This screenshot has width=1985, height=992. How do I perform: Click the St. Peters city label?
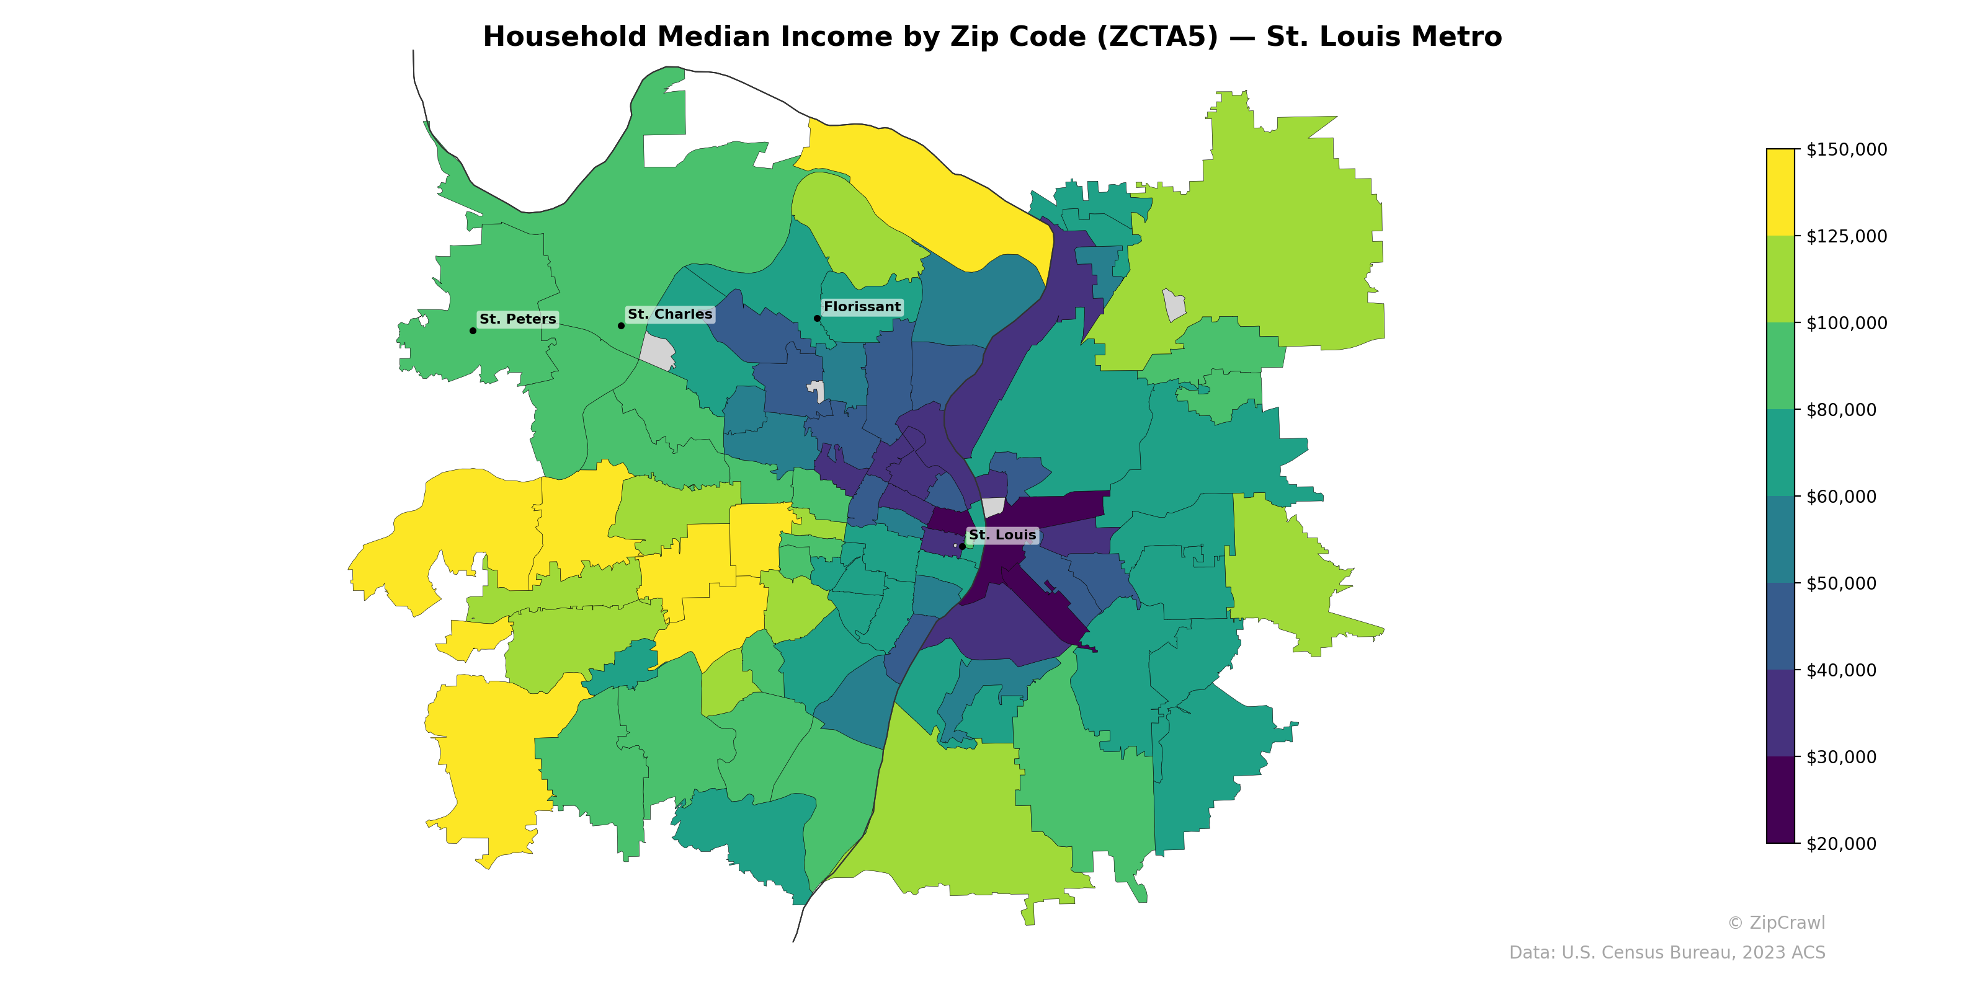coord(517,319)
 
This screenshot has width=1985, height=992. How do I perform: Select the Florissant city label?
coord(862,306)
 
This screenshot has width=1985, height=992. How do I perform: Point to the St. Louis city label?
coord(1002,534)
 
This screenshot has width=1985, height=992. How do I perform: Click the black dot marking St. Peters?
coord(472,330)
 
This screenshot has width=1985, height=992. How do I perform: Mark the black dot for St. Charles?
coord(621,325)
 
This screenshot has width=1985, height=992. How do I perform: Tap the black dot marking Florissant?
coord(817,318)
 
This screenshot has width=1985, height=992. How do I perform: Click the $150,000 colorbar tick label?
coord(1846,149)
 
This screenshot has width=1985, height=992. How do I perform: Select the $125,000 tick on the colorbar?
coord(1846,236)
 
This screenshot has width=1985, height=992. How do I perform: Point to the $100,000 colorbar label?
coord(1846,322)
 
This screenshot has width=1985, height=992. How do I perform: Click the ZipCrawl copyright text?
coord(1776,923)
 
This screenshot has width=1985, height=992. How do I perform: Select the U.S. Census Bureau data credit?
coord(1667,953)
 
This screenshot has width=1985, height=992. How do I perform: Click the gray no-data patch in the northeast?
coord(1174,305)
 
